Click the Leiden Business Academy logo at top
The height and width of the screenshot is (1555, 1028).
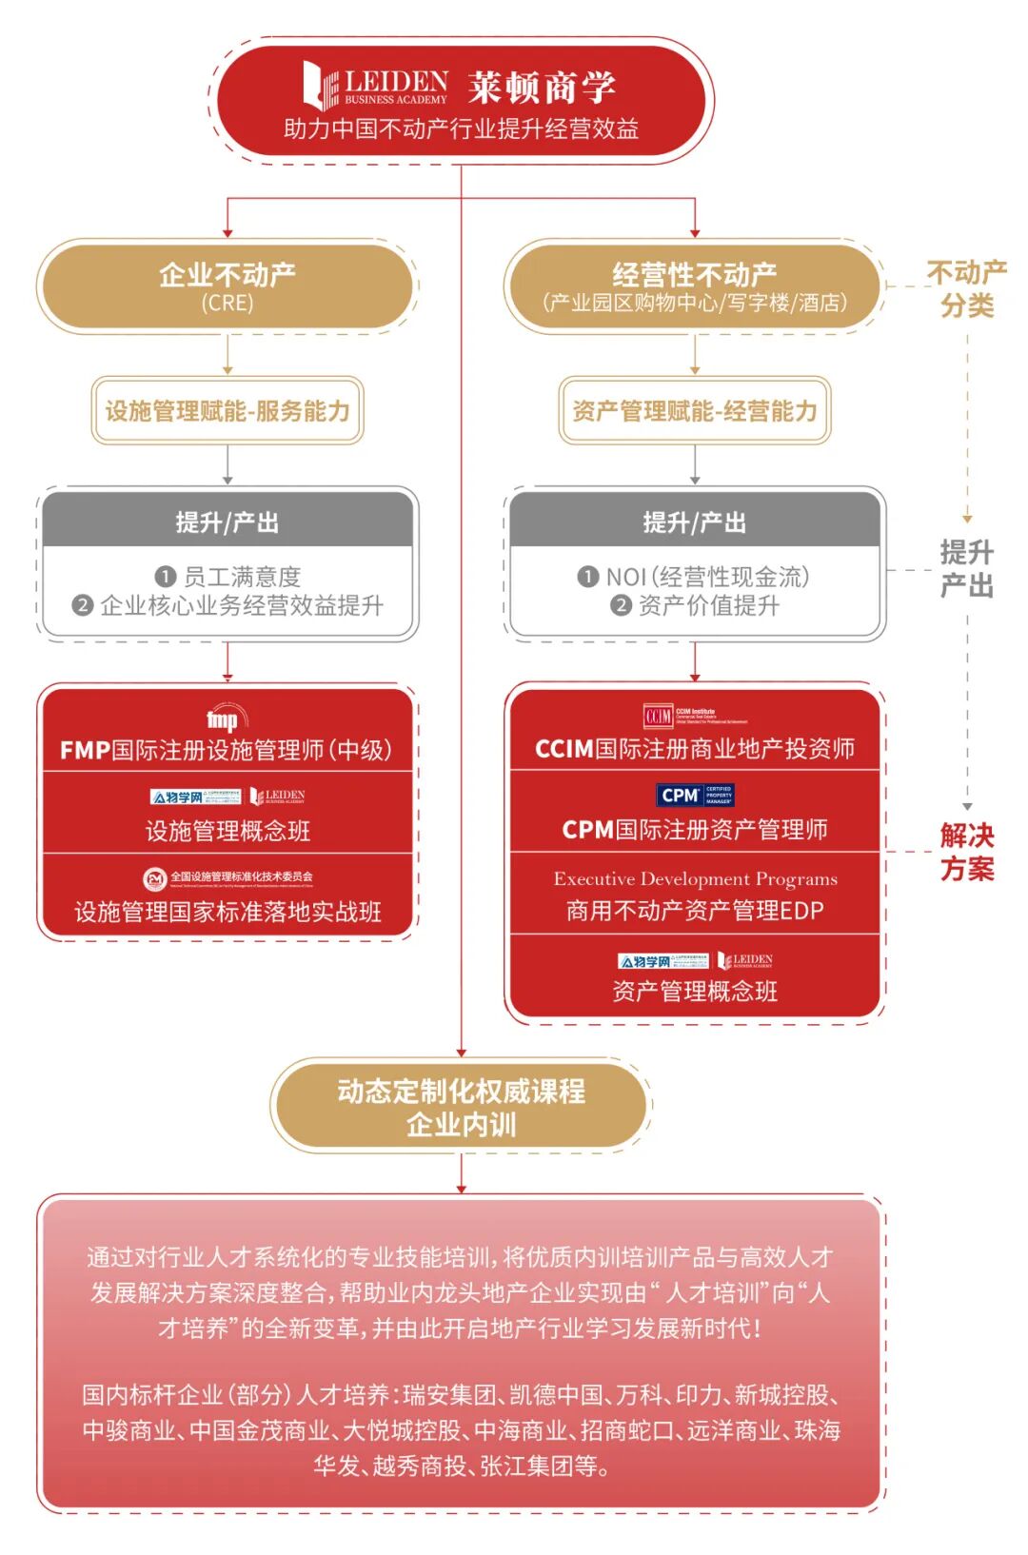click(x=375, y=86)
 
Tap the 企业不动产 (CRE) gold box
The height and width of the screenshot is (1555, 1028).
click(x=227, y=285)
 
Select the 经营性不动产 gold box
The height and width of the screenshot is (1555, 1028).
click(x=694, y=285)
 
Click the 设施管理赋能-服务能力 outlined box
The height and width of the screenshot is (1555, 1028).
click(x=227, y=411)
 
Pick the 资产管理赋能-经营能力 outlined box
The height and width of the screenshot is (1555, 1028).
click(x=694, y=411)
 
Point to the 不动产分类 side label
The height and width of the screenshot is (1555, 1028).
click(x=966, y=289)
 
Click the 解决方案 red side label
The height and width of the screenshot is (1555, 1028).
click(x=966, y=852)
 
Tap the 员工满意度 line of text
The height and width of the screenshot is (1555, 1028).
click(x=228, y=577)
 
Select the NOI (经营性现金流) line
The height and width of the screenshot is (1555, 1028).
click(x=694, y=577)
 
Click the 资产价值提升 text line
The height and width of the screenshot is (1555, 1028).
click(x=696, y=605)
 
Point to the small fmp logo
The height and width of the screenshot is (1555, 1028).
click(x=225, y=718)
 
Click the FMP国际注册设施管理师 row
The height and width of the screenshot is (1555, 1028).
click(x=227, y=750)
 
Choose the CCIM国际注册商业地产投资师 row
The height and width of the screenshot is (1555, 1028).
click(x=694, y=749)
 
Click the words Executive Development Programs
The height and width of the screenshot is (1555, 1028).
click(x=695, y=878)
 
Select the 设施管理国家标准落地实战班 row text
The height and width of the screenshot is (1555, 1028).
click(x=227, y=912)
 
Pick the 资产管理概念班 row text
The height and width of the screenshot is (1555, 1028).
click(x=694, y=992)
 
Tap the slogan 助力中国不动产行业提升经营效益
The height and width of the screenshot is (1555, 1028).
click(x=461, y=128)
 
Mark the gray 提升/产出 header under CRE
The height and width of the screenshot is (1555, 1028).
click(x=227, y=522)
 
